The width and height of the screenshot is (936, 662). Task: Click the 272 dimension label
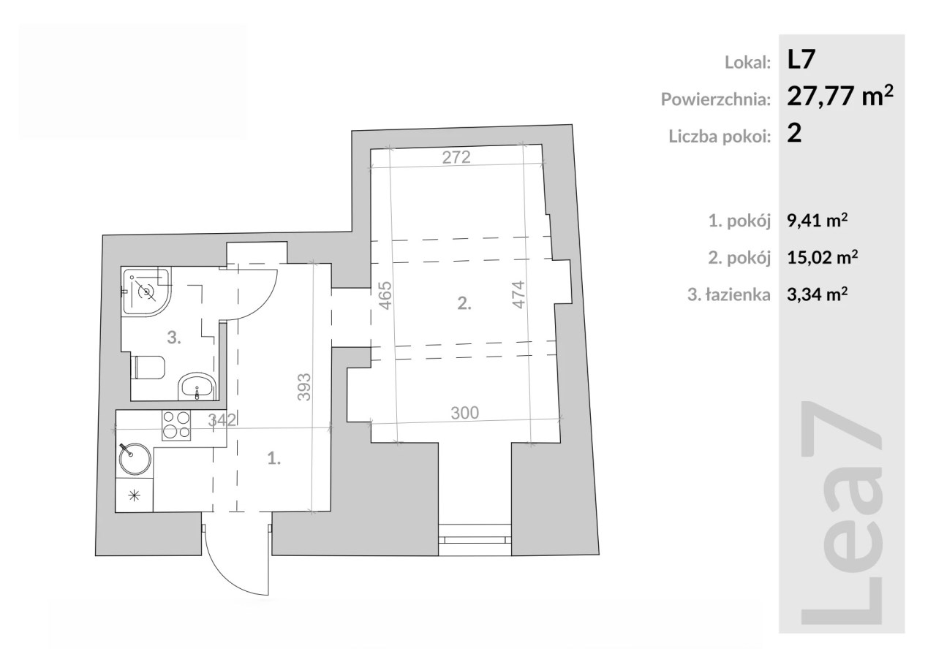pos(456,157)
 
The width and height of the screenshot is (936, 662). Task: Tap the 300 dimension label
pos(464,413)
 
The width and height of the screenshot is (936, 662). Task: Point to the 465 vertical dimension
pos(385,295)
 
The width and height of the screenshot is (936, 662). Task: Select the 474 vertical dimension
pos(518,294)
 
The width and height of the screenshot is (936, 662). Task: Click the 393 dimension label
pos(304,387)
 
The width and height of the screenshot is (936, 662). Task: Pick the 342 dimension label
pos(222,419)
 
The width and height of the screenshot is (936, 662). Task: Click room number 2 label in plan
pos(464,303)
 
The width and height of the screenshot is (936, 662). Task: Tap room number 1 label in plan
pos(273,459)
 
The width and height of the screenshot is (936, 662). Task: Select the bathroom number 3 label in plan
pos(174,338)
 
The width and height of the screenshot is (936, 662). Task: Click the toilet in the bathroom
pos(148,368)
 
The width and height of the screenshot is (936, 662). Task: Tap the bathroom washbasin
pos(197,387)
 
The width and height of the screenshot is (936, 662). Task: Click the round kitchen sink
pos(135,459)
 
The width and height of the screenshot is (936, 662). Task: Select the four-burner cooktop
pos(176,425)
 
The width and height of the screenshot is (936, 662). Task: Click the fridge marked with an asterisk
pos(134,495)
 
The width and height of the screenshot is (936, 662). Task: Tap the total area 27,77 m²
pos(840,96)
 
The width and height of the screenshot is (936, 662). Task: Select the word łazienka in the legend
pos(738,294)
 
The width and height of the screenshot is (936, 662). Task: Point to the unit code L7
pos(801,59)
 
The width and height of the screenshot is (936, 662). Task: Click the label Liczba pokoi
pos(720,137)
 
